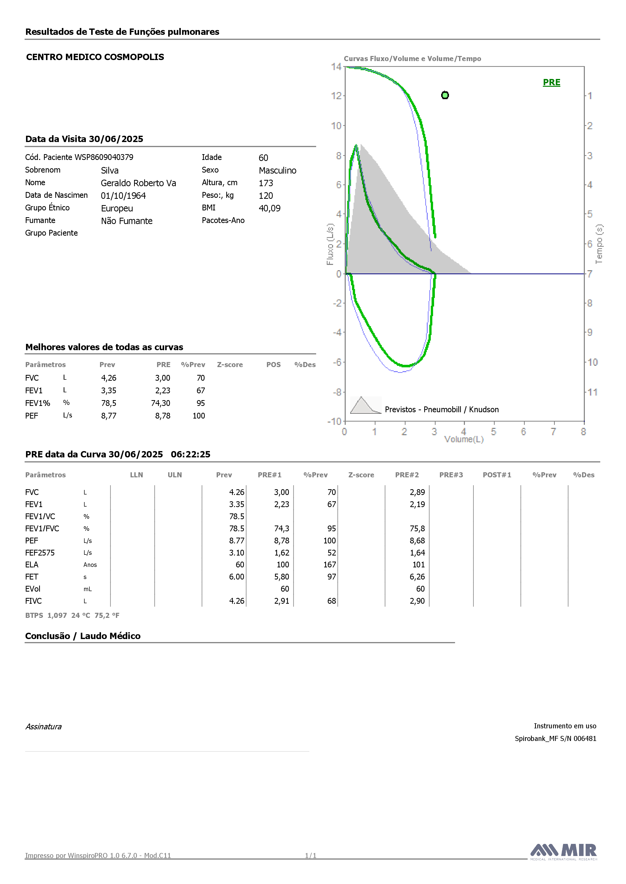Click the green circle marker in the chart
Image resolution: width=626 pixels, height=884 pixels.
[445, 95]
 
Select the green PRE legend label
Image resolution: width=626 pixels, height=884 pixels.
[551, 82]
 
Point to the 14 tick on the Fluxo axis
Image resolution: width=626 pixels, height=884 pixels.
[336, 67]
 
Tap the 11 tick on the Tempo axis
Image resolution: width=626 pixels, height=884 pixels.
[592, 392]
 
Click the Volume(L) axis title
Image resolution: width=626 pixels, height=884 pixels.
[464, 439]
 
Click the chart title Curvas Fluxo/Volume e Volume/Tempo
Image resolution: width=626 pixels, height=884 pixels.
[412, 59]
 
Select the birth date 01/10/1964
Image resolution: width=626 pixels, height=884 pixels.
[123, 196]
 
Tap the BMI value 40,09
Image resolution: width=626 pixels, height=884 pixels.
[269, 208]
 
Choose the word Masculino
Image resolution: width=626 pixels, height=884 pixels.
[278, 171]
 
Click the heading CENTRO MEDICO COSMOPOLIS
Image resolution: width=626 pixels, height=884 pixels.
[95, 57]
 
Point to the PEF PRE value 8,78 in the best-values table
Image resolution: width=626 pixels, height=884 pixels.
[163, 416]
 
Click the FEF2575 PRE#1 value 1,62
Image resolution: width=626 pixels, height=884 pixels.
[282, 553]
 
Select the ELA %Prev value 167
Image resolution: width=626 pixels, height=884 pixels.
[330, 565]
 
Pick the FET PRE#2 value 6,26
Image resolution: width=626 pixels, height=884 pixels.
[417, 577]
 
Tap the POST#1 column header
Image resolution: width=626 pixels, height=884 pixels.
[497, 475]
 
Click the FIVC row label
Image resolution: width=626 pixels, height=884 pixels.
[34, 601]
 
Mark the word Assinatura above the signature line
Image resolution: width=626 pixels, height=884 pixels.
[43, 727]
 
